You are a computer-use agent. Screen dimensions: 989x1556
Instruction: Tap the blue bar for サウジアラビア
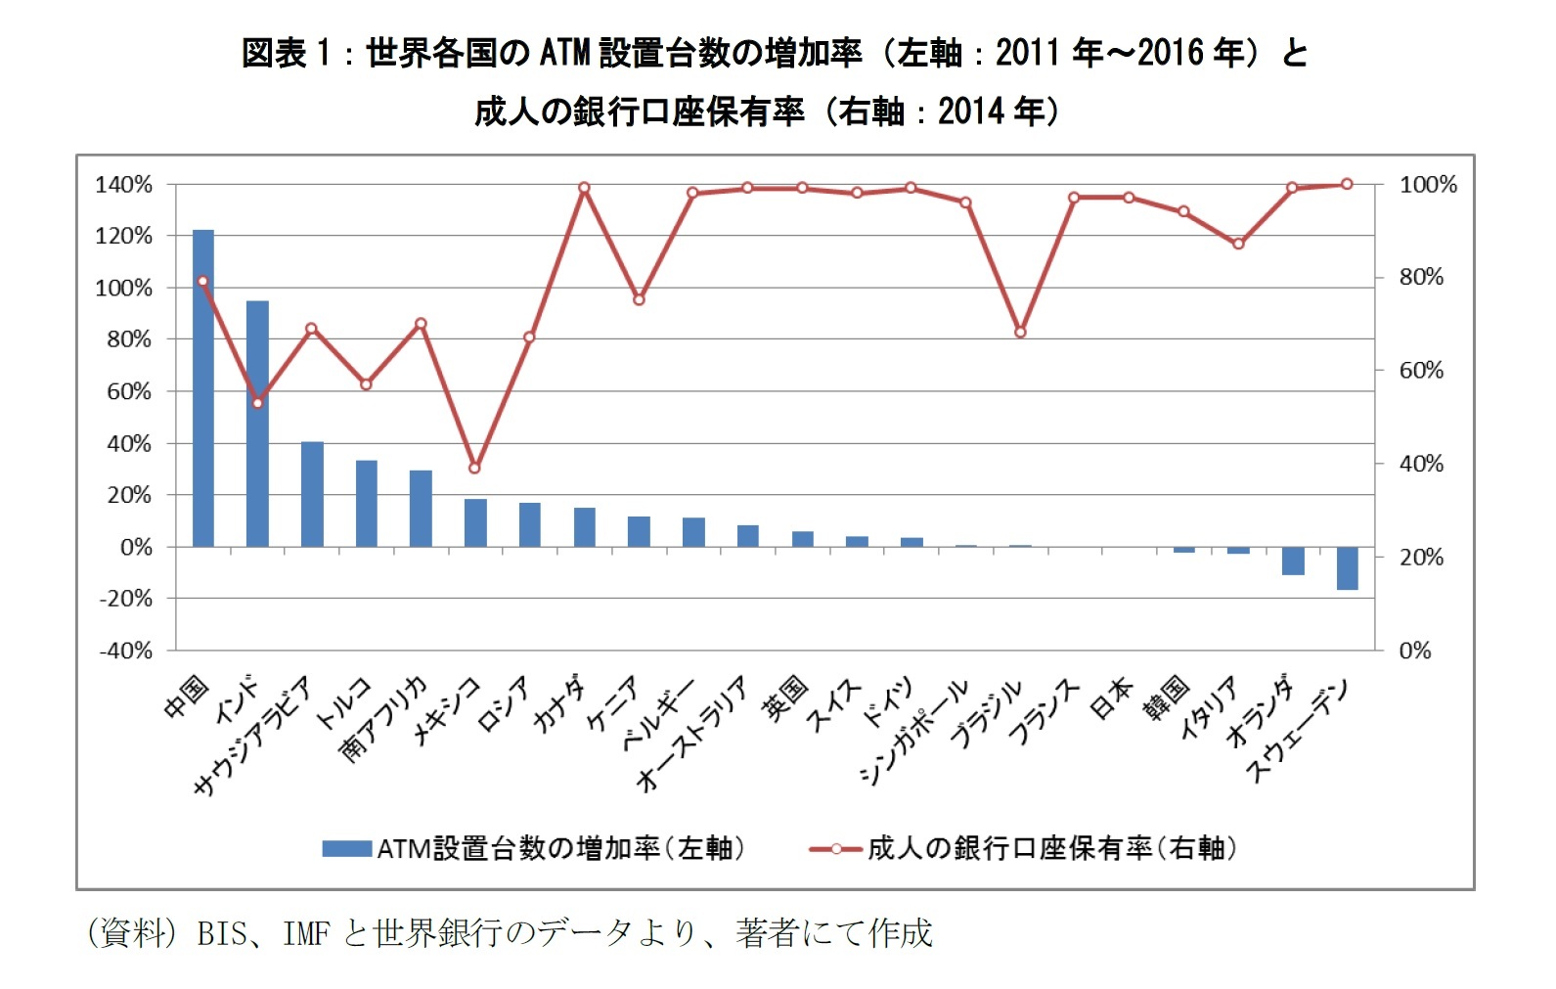(x=312, y=494)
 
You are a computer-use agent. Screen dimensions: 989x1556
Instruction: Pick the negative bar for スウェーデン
(x=1347, y=568)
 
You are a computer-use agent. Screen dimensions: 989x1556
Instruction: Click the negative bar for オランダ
(x=1293, y=561)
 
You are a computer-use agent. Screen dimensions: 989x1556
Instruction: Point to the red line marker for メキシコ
(x=475, y=468)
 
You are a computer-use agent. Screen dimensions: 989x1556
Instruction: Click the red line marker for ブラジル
(x=1020, y=332)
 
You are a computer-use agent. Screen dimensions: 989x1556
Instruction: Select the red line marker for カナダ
(x=584, y=188)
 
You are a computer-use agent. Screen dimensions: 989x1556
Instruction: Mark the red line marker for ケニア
(x=639, y=299)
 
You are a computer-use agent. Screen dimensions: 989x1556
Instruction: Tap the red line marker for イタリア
(x=1238, y=243)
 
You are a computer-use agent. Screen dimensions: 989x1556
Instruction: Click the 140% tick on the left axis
(x=124, y=184)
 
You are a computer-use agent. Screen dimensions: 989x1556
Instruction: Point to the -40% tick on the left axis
(x=126, y=651)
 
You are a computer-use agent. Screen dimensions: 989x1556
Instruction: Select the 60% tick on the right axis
(x=1421, y=370)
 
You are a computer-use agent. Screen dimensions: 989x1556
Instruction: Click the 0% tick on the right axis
(x=1415, y=651)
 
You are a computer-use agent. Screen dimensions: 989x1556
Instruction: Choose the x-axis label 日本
(x=1111, y=697)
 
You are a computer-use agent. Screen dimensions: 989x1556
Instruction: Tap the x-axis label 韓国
(x=1166, y=697)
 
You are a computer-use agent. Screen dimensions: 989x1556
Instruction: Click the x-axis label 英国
(x=786, y=697)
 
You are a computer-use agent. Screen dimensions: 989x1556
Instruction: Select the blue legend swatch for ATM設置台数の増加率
(x=347, y=848)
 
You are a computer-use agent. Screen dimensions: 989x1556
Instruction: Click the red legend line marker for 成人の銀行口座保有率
(x=836, y=848)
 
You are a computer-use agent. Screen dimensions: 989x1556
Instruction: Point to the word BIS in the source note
(x=222, y=933)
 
